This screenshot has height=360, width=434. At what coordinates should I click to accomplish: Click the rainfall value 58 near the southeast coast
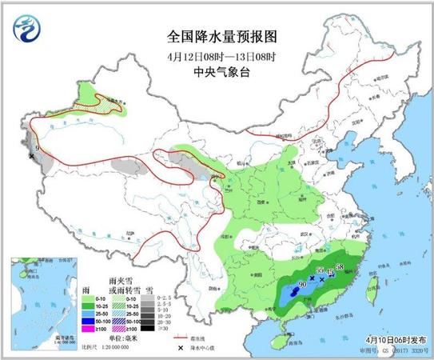[x=340, y=266]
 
